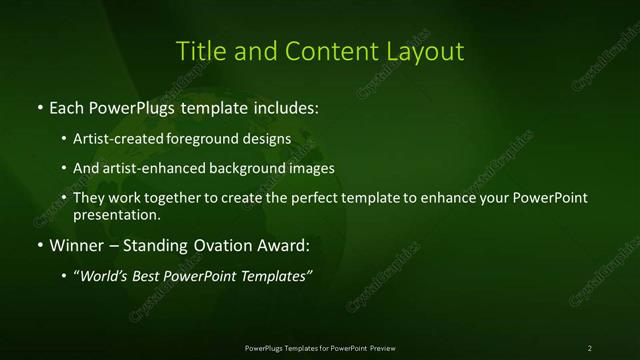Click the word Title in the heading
coord(197,50)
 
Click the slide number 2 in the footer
coord(590,348)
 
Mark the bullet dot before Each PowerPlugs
coord(39,108)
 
